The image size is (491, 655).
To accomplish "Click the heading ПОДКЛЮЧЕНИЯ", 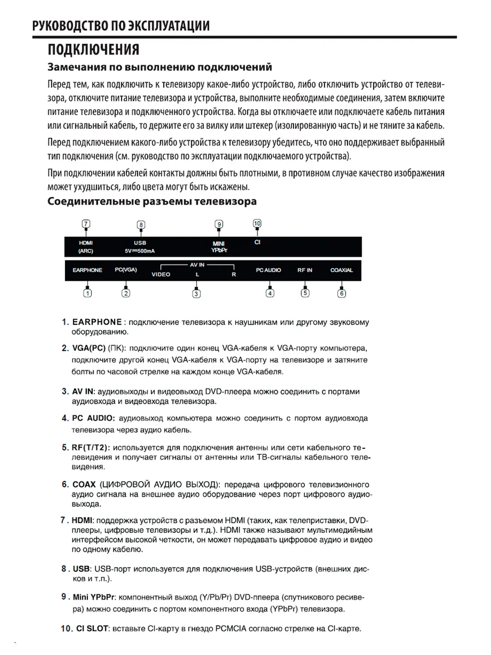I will pos(93,50).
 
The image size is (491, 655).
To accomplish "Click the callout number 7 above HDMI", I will pos(86,223).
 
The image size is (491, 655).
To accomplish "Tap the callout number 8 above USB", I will pos(141,224).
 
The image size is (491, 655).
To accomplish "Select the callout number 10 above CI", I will pos(257,223).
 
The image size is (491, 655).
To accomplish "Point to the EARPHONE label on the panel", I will pos(87,270).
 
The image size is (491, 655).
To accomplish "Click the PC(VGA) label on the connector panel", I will pos(125,270).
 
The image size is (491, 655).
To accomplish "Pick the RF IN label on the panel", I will pos(305,270).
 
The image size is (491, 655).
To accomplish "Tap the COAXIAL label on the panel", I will pos(342,270).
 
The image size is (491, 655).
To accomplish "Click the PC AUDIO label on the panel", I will pos(269,270).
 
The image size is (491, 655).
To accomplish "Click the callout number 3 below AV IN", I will pos(197,294).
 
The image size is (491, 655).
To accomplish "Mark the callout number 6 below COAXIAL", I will pos(342,293).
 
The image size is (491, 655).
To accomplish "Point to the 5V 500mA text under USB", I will pos(140,251).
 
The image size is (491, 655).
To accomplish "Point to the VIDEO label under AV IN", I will pos(161,275).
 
